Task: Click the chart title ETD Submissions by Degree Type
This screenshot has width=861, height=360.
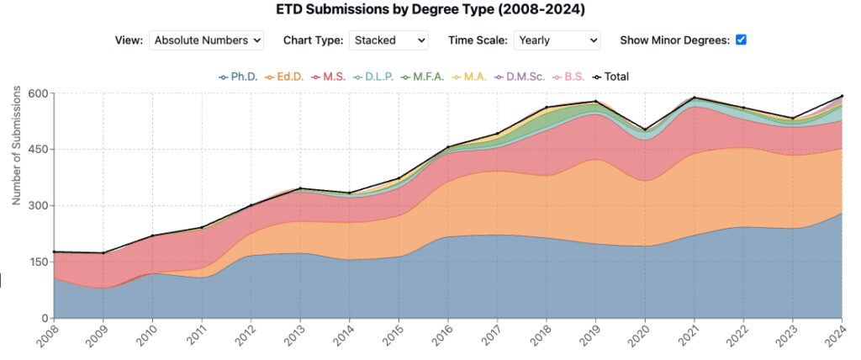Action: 430,10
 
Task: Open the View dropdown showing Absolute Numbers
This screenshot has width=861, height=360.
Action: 206,40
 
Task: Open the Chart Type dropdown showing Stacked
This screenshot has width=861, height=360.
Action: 388,40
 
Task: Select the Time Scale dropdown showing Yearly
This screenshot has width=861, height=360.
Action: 557,40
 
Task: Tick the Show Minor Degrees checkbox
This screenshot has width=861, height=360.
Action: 741,40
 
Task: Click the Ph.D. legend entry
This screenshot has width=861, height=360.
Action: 238,77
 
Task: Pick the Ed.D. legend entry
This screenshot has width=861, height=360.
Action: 285,77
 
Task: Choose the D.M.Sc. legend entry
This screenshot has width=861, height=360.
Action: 524,77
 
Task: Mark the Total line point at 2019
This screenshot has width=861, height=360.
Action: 596,102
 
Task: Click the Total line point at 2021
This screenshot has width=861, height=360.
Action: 695,98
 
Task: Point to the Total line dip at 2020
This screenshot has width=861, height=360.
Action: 645,130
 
